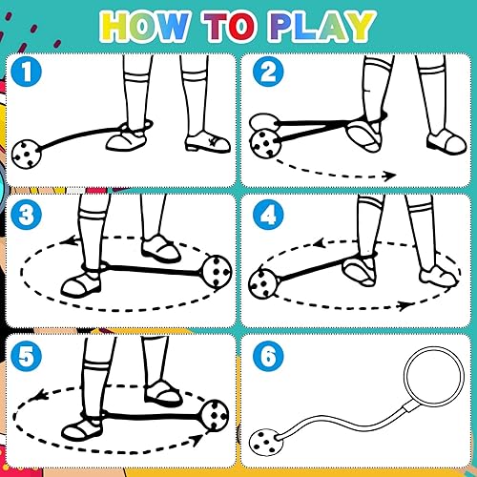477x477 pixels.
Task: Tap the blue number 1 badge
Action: (x=29, y=73)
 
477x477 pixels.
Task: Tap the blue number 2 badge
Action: (x=265, y=73)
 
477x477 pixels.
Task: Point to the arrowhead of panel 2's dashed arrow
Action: (x=390, y=176)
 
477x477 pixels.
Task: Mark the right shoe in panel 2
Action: (x=445, y=143)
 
